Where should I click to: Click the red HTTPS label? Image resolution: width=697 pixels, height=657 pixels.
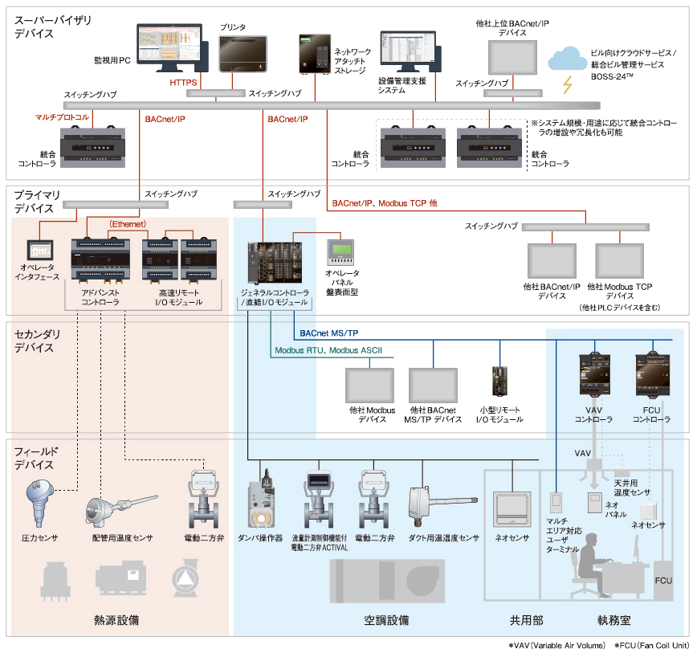(183, 82)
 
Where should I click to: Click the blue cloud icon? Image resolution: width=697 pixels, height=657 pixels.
(569, 59)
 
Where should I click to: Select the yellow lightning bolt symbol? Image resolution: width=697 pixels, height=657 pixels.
(569, 84)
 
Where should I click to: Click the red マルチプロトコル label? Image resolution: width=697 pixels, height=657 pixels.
(62, 117)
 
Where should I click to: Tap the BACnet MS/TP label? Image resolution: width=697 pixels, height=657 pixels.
(328, 333)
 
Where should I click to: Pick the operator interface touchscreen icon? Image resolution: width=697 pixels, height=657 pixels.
(39, 250)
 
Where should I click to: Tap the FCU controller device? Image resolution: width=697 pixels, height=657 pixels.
(651, 373)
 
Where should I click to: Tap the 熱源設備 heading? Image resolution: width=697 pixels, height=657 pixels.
(116, 620)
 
